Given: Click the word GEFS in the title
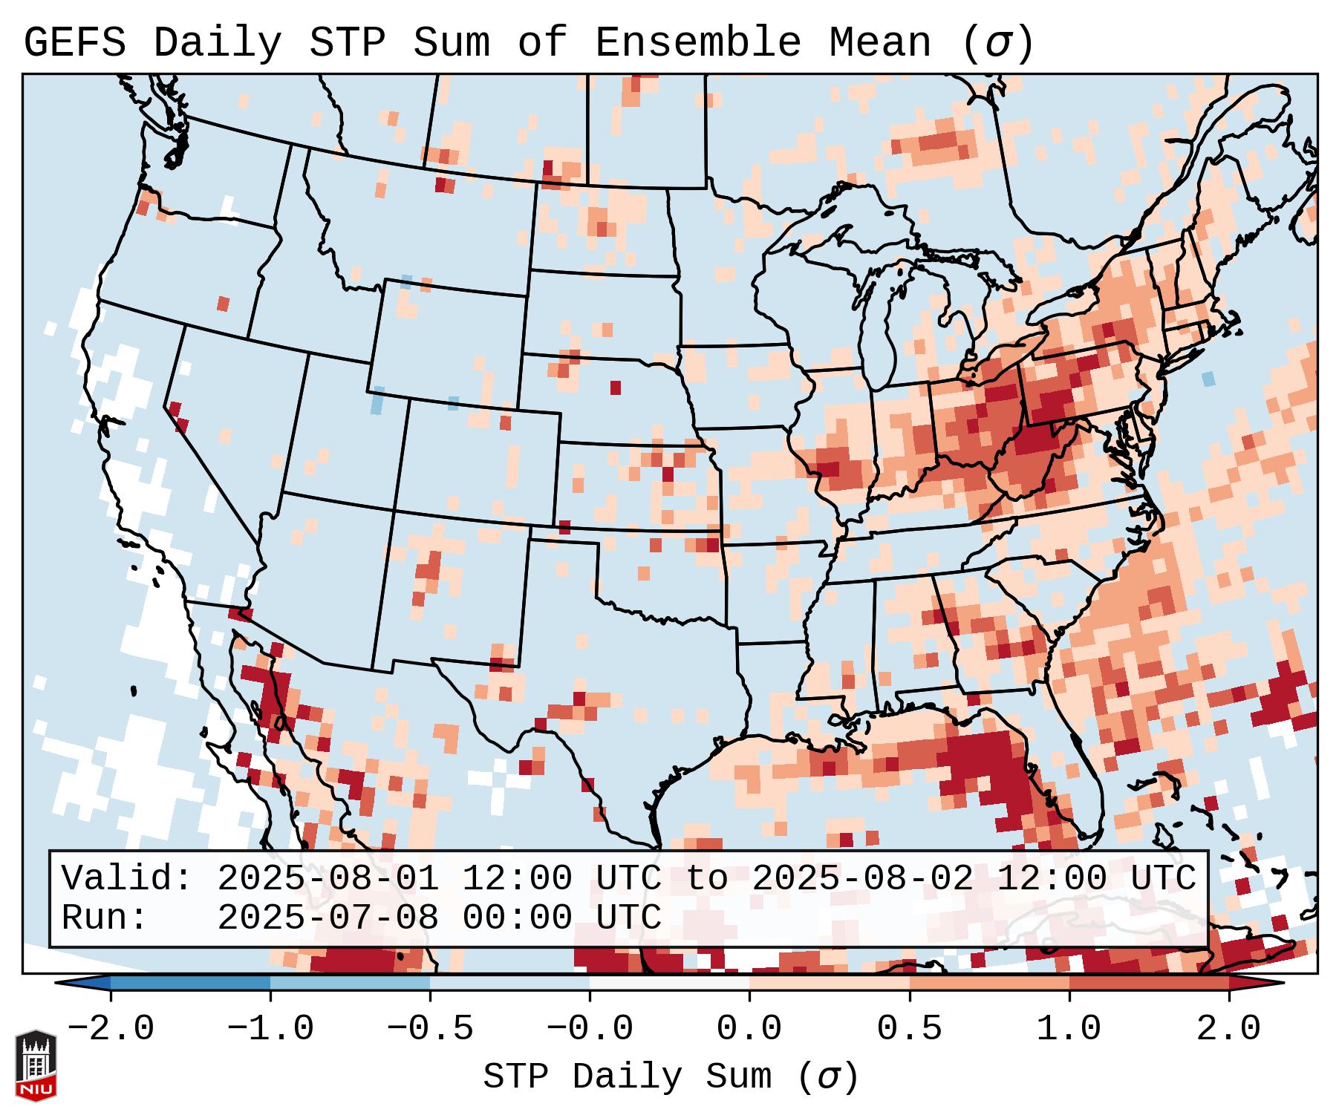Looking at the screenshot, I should pyautogui.click(x=74, y=43).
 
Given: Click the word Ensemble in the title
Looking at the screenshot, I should pyautogui.click(x=697, y=43).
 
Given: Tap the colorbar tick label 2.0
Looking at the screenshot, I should pyautogui.click(x=1228, y=1028).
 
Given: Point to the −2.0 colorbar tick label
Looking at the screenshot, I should pyautogui.click(x=110, y=1028).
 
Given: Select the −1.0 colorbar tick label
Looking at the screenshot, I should pyautogui.click(x=270, y=1028).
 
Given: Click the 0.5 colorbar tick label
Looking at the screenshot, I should pyautogui.click(x=909, y=1028).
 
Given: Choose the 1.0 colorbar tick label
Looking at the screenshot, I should pyautogui.click(x=1069, y=1028).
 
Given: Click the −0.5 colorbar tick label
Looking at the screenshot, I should pyautogui.click(x=429, y=1028).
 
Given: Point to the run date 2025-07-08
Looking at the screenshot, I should pyautogui.click(x=328, y=918).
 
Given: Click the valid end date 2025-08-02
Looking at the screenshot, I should pyautogui.click(x=862, y=878).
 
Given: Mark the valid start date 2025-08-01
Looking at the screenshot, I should pyautogui.click(x=328, y=878).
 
